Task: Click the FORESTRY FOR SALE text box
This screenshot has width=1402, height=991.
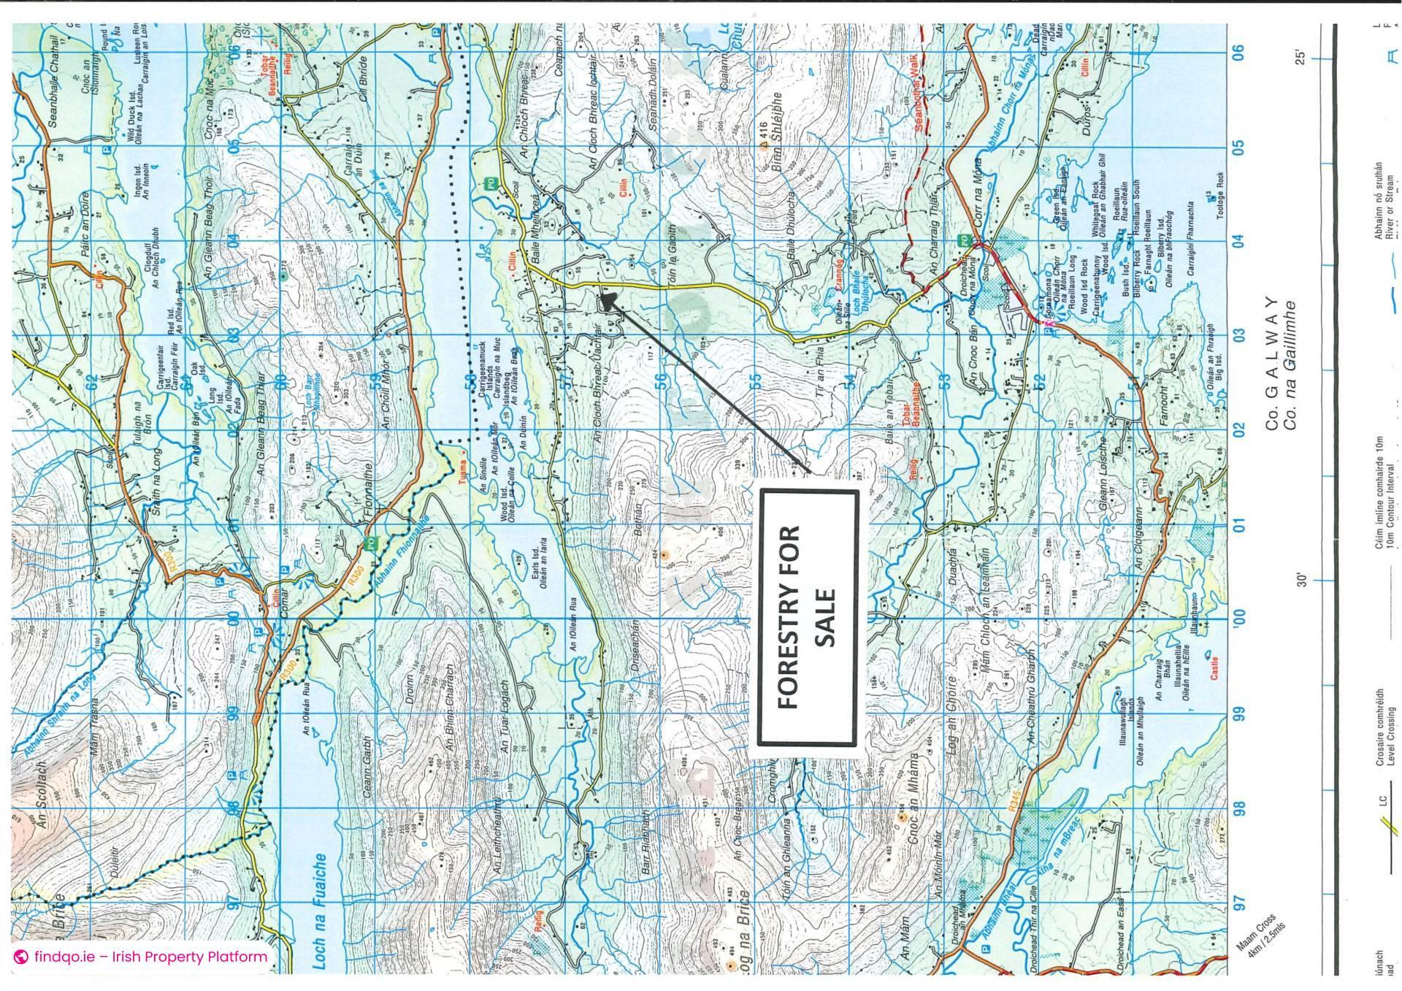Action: (x=808, y=618)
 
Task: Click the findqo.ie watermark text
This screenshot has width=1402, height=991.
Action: (x=141, y=956)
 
